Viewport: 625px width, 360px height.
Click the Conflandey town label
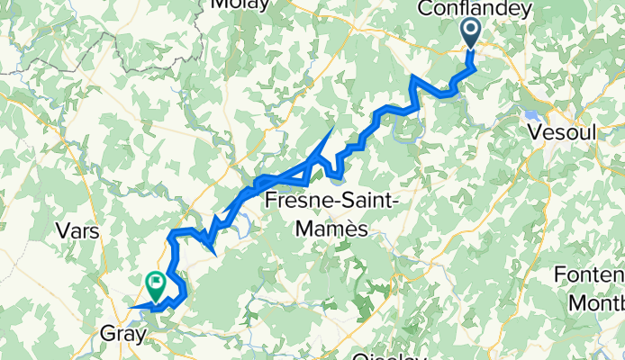tap(476, 8)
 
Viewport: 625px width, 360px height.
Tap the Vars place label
tap(77, 230)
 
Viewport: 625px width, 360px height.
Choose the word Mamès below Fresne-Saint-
tap(333, 229)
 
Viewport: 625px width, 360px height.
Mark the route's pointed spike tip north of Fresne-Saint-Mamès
tap(332, 129)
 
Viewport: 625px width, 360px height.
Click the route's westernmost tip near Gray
tap(129, 308)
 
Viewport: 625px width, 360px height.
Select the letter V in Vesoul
tap(536, 130)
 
